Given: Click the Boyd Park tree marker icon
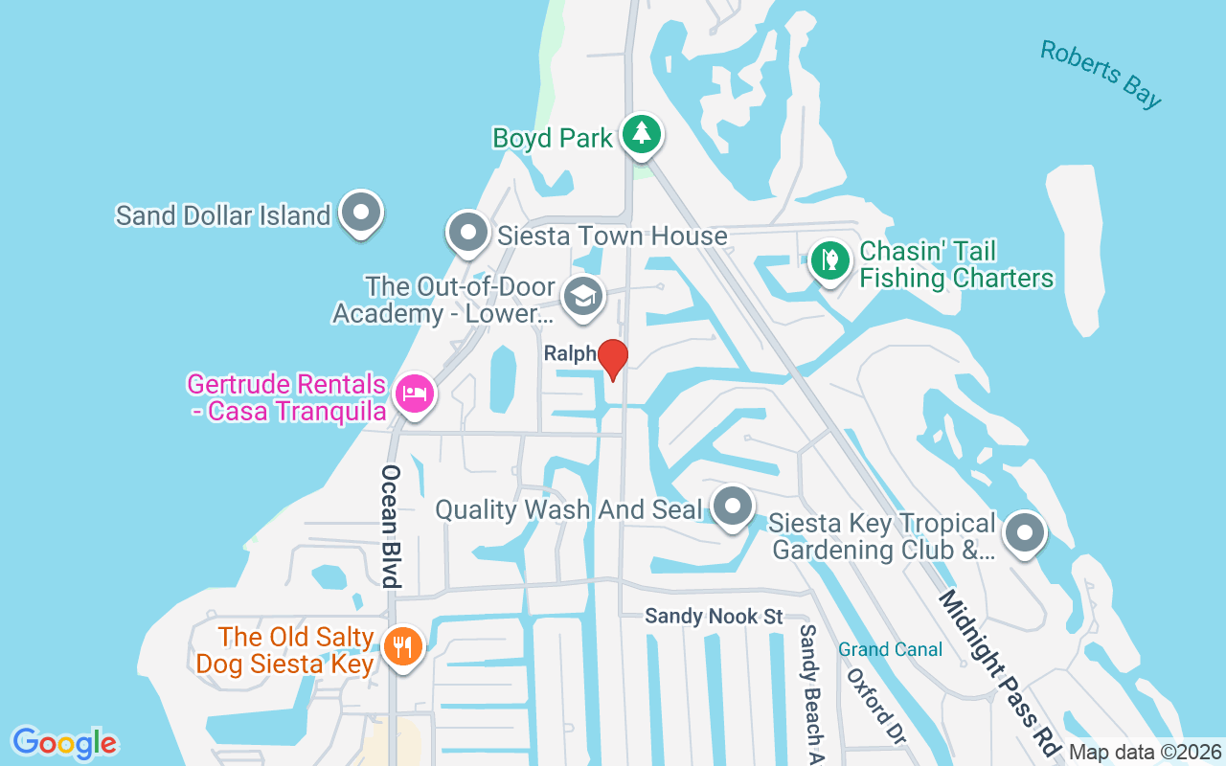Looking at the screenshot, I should pos(641,134).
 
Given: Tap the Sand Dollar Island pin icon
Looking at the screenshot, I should pos(361,213).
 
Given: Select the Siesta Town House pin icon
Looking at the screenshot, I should pos(468,233).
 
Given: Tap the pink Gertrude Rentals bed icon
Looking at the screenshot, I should pos(414,394).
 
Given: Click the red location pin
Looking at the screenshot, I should pos(612,359).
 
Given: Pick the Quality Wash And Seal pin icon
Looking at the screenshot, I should pos(734,506).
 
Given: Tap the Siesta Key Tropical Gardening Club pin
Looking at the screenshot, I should pos(1025,532).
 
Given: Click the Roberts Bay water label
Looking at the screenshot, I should pos(1101,74).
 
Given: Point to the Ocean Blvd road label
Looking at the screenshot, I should pos(390,526).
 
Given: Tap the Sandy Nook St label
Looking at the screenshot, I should pos(714,616).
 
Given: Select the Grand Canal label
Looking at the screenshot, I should pos(890,649).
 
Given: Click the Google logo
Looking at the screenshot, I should pos(64,743).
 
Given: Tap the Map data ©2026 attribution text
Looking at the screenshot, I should pos(1145,752).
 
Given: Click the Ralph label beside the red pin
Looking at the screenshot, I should pos(570,353).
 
